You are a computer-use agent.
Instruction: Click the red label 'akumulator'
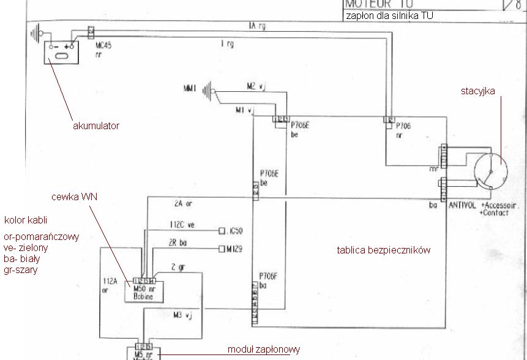pos(96,126)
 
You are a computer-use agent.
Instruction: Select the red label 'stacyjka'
pos(478,91)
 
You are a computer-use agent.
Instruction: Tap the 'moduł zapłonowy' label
pos(263,350)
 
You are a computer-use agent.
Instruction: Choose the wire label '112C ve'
pos(182,225)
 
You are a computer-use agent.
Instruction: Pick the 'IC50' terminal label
pos(234,231)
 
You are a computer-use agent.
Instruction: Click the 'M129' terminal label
pos(233,249)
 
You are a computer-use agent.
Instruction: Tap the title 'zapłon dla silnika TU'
pos(389,16)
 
